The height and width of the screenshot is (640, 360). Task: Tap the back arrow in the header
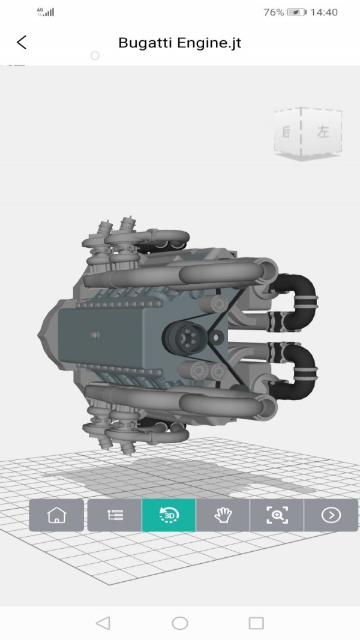(22, 42)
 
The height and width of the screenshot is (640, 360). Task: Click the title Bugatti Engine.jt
(179, 43)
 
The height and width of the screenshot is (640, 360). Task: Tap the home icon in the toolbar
(56, 515)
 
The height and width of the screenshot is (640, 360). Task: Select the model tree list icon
(115, 515)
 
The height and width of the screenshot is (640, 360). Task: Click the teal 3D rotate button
(169, 515)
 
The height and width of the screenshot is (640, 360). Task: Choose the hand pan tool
(223, 515)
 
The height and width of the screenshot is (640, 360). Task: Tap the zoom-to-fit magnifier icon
(277, 515)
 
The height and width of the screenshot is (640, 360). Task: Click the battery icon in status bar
(297, 12)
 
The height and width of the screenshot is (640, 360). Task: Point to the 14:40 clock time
(325, 12)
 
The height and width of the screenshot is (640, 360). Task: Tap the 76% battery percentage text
(273, 12)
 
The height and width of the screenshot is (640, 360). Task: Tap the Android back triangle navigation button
(103, 623)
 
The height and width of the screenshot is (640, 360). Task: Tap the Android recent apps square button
(256, 623)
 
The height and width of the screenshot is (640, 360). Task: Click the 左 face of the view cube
(323, 133)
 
